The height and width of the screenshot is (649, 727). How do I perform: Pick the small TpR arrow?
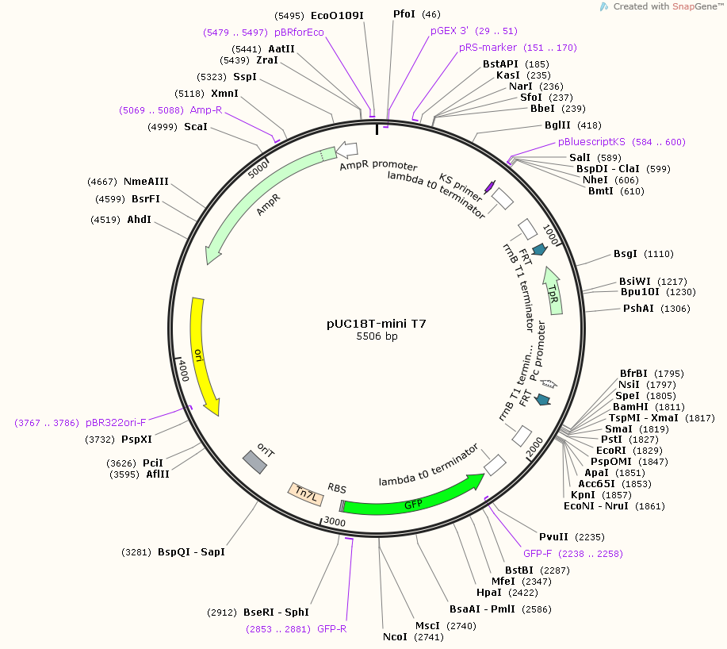(553, 291)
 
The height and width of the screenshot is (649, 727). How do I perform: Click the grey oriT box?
(254, 462)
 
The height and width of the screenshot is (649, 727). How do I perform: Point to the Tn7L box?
(305, 494)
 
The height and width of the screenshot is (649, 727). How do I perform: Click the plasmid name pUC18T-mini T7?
(377, 324)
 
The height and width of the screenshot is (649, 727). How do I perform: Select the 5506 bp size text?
(377, 336)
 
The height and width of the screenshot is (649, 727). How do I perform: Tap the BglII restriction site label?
(558, 125)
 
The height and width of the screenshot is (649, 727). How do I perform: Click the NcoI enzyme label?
(395, 637)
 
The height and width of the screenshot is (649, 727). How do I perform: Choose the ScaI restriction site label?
(196, 127)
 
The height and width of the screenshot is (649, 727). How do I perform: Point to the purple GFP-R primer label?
(332, 629)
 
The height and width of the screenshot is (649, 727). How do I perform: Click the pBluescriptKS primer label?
(591, 142)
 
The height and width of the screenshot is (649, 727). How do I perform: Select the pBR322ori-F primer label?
(116, 423)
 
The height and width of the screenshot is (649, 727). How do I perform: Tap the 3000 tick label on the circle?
(335, 521)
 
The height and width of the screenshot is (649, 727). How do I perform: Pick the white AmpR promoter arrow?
(346, 149)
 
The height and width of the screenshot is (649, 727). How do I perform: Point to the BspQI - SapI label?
(192, 552)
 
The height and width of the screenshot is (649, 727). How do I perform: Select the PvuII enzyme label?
(553, 537)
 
